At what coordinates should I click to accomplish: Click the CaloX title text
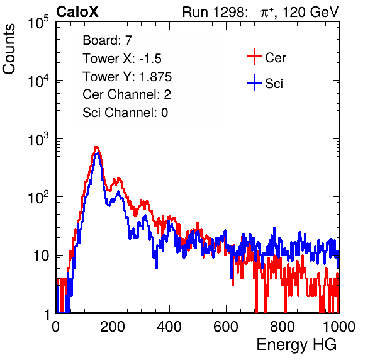tap(77, 11)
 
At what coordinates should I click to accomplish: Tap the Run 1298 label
tap(215, 12)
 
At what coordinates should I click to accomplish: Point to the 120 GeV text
tap(310, 12)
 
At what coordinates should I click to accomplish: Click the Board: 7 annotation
tap(107, 40)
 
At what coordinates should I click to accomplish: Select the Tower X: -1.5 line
tap(122, 58)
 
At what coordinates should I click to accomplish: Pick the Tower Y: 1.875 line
tap(127, 76)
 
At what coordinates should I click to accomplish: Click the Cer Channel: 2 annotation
tap(126, 94)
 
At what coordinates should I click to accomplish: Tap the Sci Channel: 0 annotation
tap(125, 113)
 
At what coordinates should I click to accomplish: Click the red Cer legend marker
tap(254, 57)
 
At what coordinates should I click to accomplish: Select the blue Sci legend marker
tap(254, 82)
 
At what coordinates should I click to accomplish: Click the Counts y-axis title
tap(9, 49)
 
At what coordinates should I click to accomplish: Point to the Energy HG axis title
tap(296, 344)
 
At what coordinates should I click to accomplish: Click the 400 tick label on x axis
tap(169, 327)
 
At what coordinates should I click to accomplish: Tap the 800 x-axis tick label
tap(283, 327)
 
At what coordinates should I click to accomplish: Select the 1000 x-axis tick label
tap(339, 327)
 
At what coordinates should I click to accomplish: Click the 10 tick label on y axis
tap(42, 256)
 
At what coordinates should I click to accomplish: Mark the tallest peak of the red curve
tap(96, 147)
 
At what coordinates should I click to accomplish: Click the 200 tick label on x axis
tap(113, 327)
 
